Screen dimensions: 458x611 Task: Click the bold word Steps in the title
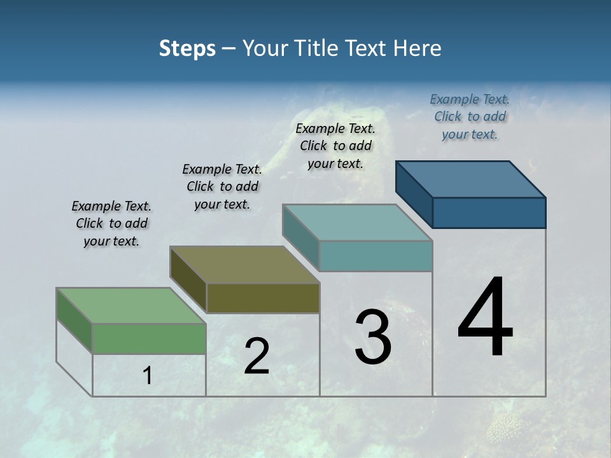click(187, 48)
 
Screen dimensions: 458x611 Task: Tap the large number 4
click(485, 318)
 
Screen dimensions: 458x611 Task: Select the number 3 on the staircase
click(373, 337)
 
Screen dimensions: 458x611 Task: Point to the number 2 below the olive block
click(256, 356)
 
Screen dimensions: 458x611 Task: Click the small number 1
click(147, 376)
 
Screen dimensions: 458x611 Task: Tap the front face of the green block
click(149, 338)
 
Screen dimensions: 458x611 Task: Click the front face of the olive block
click(263, 298)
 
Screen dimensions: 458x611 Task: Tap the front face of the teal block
click(376, 256)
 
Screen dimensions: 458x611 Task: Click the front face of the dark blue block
click(489, 212)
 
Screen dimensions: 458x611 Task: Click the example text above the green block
click(111, 223)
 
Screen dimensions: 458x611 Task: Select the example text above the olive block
click(222, 186)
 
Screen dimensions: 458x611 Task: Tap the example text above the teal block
click(335, 146)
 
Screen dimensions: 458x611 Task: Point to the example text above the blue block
click(470, 116)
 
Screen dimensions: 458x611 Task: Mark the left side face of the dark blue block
click(414, 194)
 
